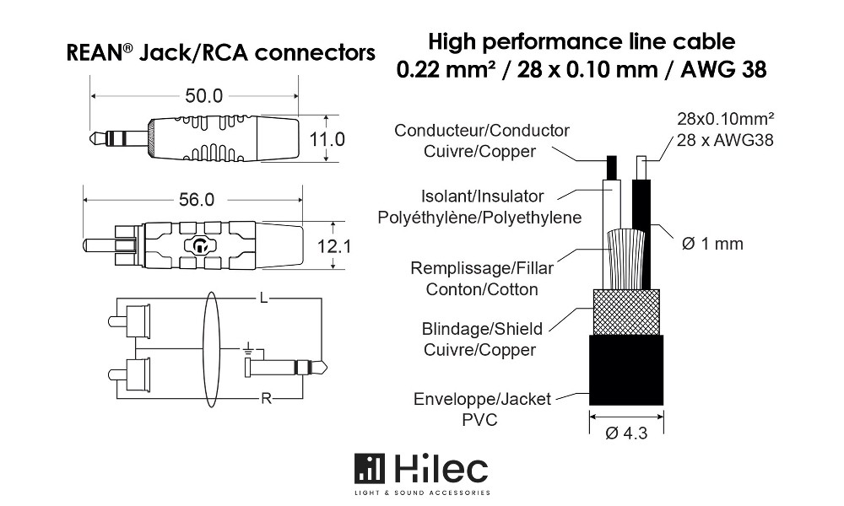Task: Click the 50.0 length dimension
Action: point(203,96)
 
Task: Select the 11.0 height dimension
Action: point(327,139)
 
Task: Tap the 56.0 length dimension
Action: point(197,200)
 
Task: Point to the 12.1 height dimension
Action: point(333,246)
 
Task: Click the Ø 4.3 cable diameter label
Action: point(626,433)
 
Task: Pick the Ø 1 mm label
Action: point(712,244)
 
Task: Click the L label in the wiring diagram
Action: point(263,298)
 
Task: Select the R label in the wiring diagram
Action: point(266,398)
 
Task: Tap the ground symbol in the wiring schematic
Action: point(247,349)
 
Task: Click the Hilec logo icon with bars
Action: point(370,469)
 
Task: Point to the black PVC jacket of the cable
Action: point(626,370)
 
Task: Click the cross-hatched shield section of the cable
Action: point(626,312)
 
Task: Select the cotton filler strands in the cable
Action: point(625,260)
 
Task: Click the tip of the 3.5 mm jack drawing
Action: point(91,138)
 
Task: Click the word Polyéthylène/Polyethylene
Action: point(479,218)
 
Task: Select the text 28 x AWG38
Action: point(725,140)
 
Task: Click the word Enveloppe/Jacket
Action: point(482,400)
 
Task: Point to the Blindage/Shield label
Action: point(482,329)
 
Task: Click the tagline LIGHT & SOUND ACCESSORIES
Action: point(422,493)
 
